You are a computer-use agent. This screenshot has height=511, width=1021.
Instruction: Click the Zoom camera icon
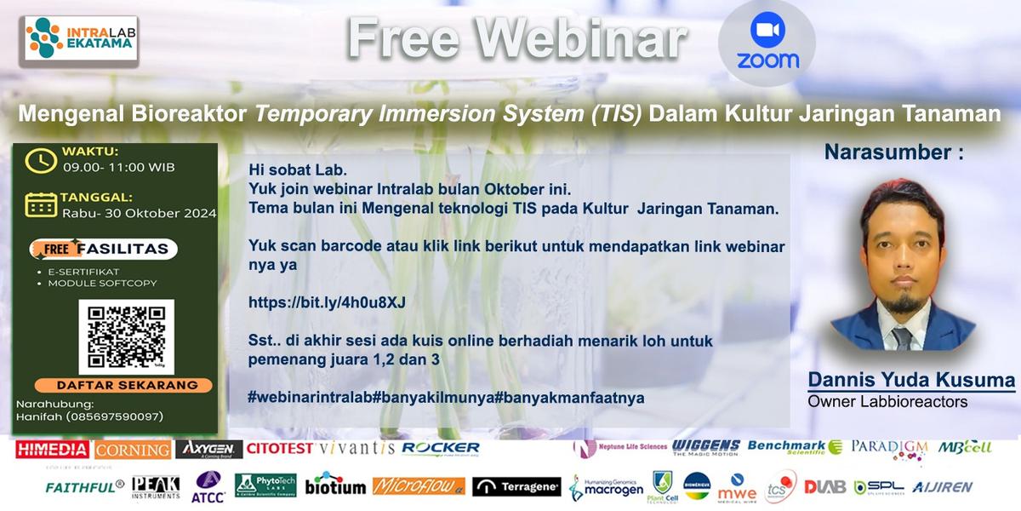pos(767,31)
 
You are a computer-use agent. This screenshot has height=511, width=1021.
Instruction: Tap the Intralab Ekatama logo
pos(81,37)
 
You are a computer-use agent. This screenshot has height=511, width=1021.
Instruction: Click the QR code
pos(126,336)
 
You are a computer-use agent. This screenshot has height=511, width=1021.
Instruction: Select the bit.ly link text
pos(327,302)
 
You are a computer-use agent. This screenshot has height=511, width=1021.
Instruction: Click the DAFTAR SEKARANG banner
pos(116,384)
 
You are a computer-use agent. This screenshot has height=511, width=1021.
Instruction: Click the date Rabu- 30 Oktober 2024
pos(139,213)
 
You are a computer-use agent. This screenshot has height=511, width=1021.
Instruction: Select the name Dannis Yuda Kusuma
pos(911,380)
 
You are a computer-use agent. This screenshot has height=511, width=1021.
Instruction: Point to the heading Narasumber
pos(893,152)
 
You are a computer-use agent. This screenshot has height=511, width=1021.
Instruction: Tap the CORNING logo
pos(132,450)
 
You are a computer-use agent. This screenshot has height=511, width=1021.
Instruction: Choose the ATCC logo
pos(208,487)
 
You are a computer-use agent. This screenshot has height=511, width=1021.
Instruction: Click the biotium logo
pos(335,486)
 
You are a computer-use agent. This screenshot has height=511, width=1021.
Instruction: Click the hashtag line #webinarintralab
pos(446,397)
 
